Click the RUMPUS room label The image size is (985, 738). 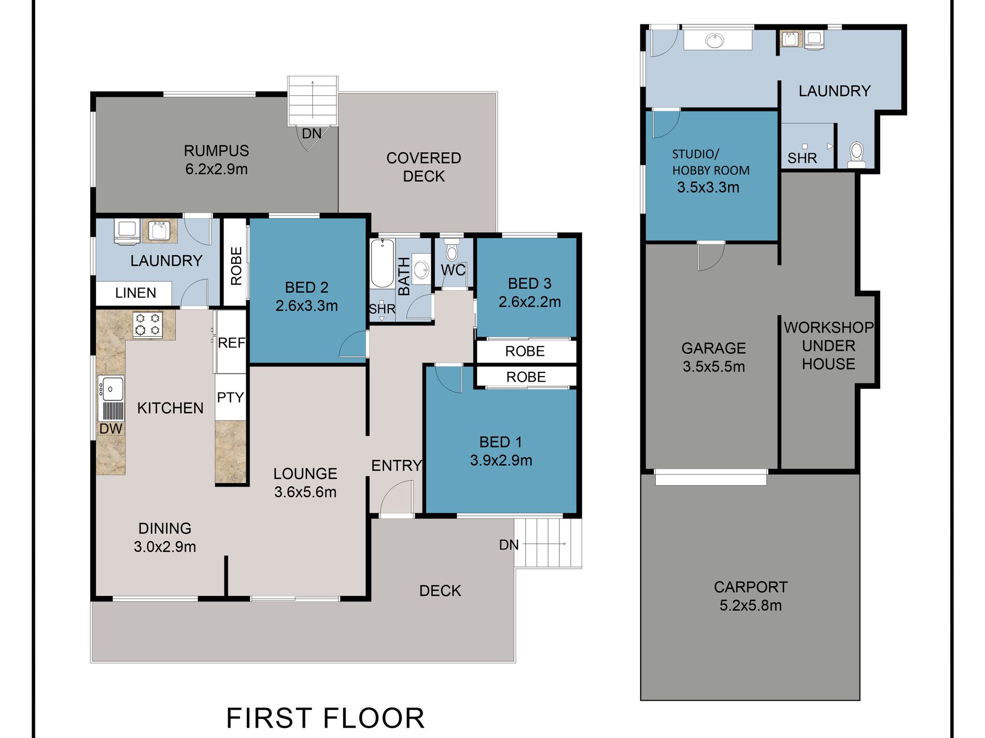tap(216, 151)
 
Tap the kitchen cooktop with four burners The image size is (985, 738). tap(148, 325)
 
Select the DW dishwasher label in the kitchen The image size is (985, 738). tap(111, 429)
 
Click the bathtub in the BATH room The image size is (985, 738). tap(383, 263)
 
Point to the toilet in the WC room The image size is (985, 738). tap(452, 249)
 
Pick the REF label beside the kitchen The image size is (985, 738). tap(231, 343)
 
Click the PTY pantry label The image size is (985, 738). tap(230, 397)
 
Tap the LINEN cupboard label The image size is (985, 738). tap(135, 293)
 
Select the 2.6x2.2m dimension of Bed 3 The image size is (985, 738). tap(529, 302)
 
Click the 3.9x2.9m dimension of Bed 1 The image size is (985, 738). tap(501, 460)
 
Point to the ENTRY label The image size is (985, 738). tap(397, 466)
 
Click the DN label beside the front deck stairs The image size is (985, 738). tap(509, 545)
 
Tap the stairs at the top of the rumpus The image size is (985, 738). tap(313, 100)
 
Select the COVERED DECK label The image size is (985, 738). tap(424, 167)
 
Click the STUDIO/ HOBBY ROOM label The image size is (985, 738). tap(711, 162)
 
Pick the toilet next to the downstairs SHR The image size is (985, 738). tap(856, 154)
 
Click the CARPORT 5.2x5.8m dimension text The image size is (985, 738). tap(750, 605)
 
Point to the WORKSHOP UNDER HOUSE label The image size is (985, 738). tap(828, 345)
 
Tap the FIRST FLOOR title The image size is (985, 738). tap(326, 718)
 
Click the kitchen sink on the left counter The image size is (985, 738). tap(111, 389)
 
